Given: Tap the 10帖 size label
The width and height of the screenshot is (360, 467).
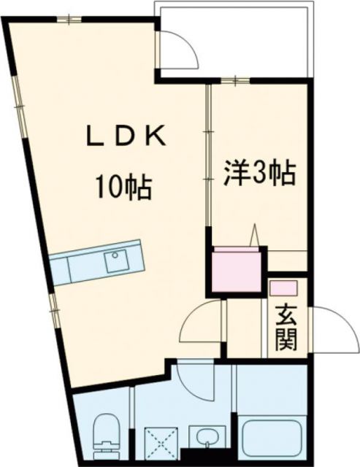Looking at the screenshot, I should [121, 188].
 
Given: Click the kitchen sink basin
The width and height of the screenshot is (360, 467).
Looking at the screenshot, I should [116, 260].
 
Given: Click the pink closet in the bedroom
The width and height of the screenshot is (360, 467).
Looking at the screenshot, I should [235, 271].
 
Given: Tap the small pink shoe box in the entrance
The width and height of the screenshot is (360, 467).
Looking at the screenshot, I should [283, 287].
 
